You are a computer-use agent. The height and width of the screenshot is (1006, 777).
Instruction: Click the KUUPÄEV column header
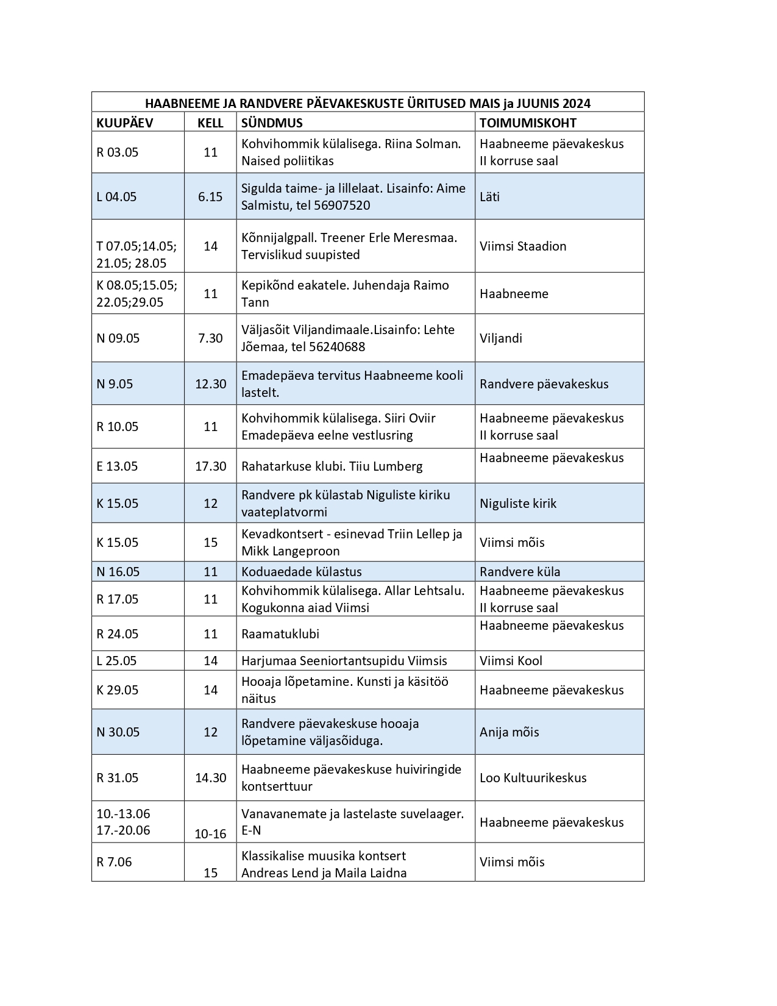tap(124, 123)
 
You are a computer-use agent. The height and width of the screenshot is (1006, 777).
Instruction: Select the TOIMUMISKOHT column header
tap(528, 123)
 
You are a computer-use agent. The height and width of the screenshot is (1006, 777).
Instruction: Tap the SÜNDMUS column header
tap(272, 123)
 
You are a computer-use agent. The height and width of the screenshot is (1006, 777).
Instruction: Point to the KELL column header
tap(210, 123)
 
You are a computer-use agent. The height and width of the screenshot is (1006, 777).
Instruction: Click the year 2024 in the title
tap(576, 103)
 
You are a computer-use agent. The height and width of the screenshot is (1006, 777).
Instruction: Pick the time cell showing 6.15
tap(210, 197)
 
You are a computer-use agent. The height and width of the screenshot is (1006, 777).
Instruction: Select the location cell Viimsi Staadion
tap(523, 246)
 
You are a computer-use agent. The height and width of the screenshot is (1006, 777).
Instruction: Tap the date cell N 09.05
tap(118, 338)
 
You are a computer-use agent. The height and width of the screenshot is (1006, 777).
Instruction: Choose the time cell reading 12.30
tap(210, 384)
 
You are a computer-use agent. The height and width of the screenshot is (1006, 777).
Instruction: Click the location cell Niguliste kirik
tap(518, 504)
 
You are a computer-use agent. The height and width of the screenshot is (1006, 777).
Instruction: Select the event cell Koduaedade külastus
tap(302, 572)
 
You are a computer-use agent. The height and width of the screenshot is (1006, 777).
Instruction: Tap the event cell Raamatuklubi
tap(280, 634)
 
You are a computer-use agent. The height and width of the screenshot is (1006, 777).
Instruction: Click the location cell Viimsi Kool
tap(511, 661)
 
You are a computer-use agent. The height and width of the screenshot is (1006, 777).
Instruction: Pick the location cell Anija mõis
tap(509, 732)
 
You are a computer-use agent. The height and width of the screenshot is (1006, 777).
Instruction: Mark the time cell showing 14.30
tap(210, 778)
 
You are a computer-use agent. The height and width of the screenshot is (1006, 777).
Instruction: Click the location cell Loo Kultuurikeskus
tap(533, 778)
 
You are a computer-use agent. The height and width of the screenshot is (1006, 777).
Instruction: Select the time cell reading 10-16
tap(210, 834)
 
